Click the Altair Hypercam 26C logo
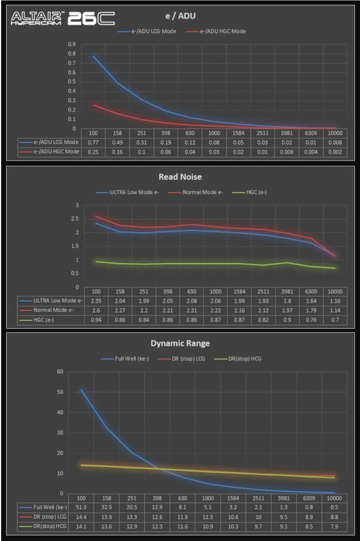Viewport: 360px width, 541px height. pos(62,19)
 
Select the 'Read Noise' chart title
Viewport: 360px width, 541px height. pos(179,177)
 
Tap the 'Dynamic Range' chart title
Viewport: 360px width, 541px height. pos(179,344)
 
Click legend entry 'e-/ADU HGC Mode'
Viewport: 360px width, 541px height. pos(219,31)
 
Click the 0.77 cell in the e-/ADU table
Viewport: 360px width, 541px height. pos(93,142)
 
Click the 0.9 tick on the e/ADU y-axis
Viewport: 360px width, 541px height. pos(72,44)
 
